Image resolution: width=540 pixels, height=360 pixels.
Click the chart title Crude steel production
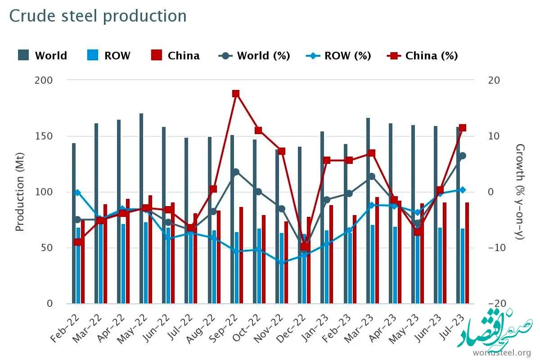(x=98, y=16)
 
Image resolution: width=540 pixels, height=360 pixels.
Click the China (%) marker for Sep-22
(x=236, y=94)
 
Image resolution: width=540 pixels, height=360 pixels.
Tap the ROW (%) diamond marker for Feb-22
(x=77, y=193)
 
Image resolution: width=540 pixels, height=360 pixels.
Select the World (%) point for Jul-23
(x=462, y=156)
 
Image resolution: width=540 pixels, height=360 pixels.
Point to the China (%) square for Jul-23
(x=462, y=128)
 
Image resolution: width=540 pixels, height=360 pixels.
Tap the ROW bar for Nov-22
(x=282, y=268)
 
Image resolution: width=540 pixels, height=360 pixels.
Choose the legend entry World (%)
(x=254, y=56)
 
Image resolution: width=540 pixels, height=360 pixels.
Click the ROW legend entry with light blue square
(x=108, y=56)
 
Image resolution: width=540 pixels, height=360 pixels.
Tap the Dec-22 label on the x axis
(x=297, y=323)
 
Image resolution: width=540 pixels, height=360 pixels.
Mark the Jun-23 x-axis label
(x=433, y=323)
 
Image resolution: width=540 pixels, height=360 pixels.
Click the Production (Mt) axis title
(x=19, y=192)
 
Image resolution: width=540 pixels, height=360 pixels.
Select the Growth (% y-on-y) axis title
(x=520, y=192)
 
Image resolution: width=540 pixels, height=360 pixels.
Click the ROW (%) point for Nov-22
(x=282, y=262)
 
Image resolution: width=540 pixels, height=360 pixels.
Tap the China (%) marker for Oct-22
(x=258, y=130)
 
